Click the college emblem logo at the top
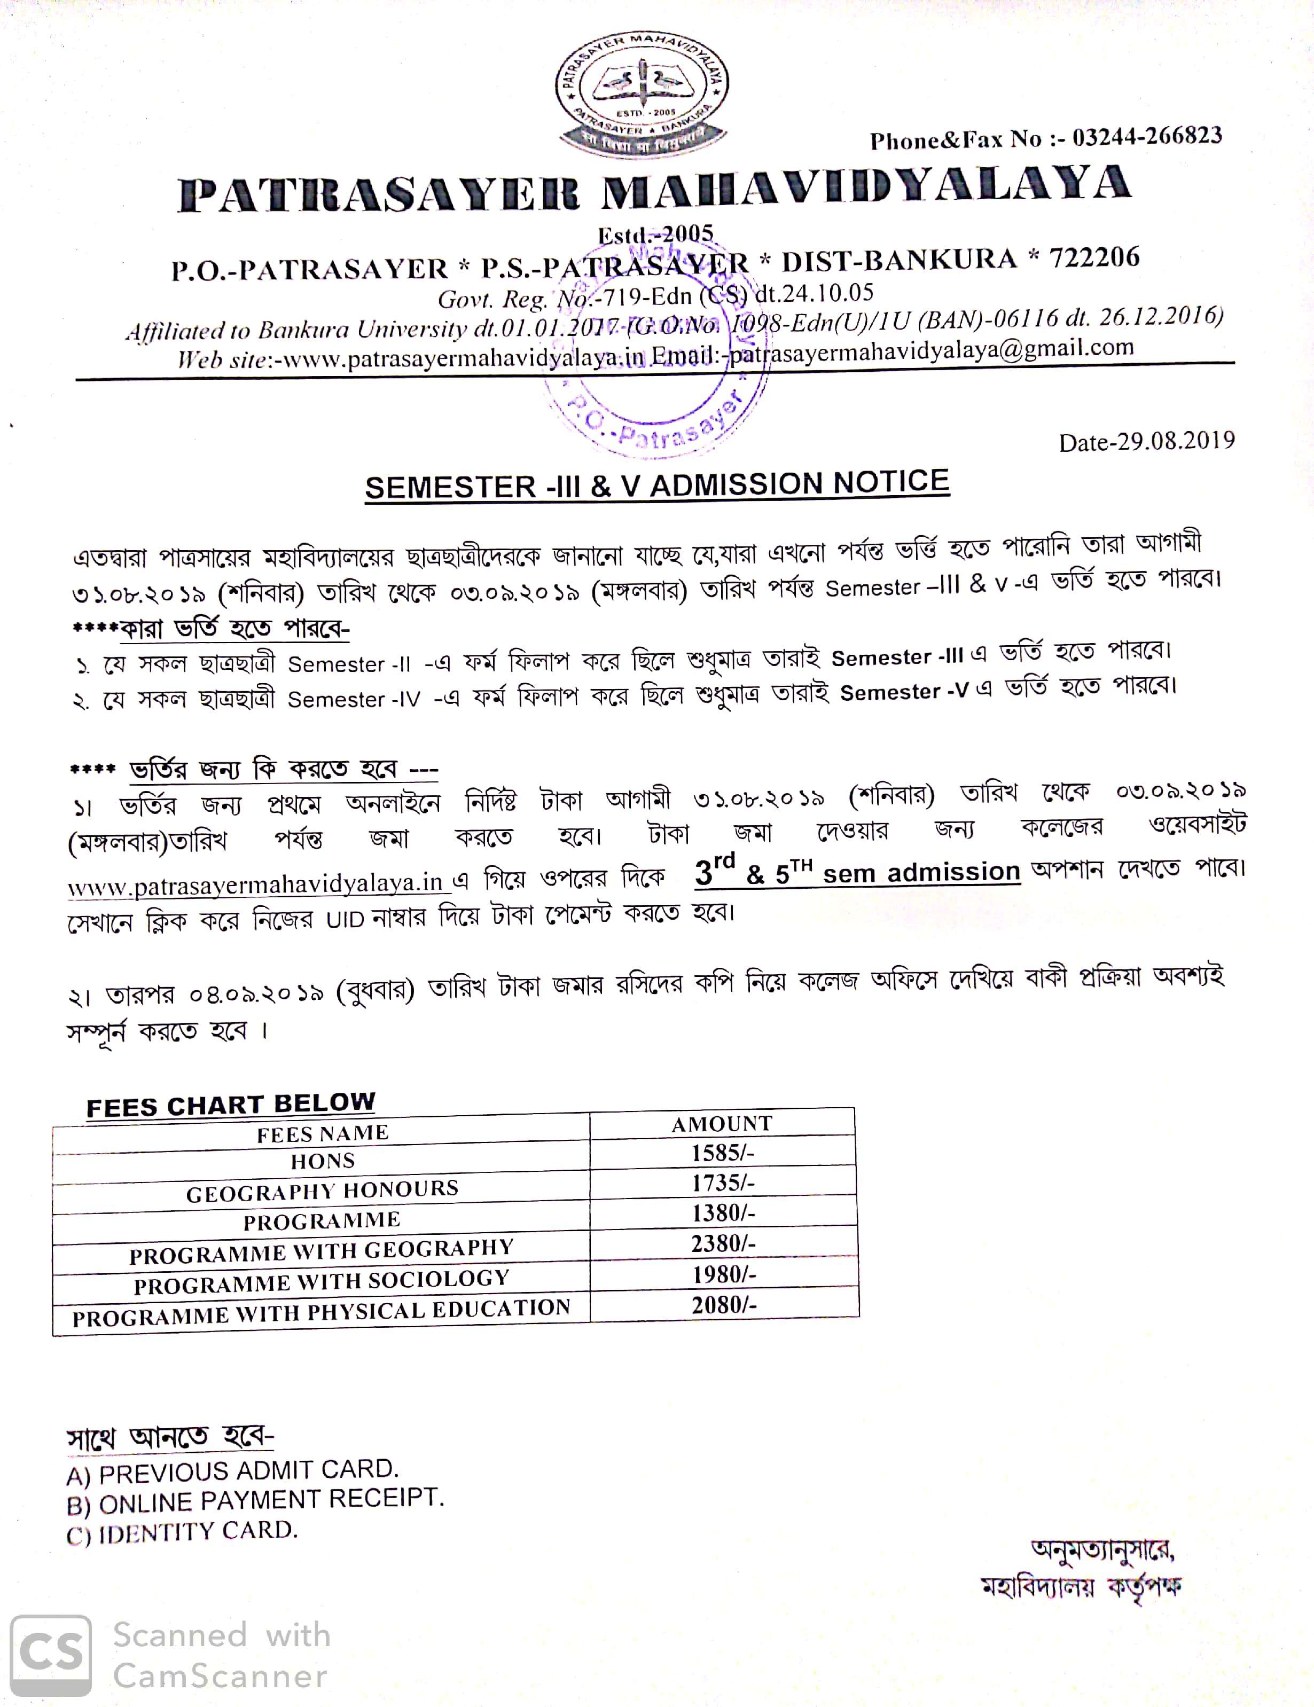[x=642, y=92]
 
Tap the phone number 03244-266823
[x=1147, y=138]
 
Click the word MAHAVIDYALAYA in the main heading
[x=866, y=187]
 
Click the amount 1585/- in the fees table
[x=722, y=1153]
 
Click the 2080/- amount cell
[x=724, y=1304]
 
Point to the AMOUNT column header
[x=722, y=1123]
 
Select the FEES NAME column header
[x=322, y=1132]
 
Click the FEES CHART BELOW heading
[x=231, y=1105]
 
